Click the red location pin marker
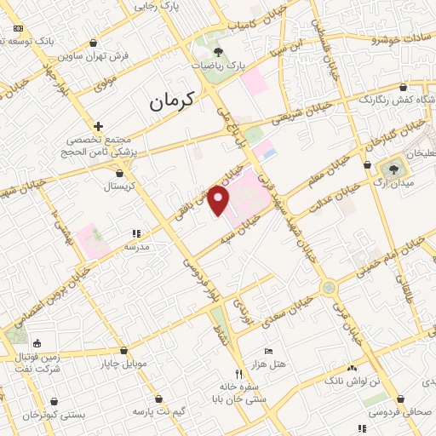tap(220, 201)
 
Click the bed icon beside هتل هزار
tap(269, 351)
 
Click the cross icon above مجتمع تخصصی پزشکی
tap(100, 126)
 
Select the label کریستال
tap(119, 185)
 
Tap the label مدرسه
tap(137, 246)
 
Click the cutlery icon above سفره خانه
tap(239, 373)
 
